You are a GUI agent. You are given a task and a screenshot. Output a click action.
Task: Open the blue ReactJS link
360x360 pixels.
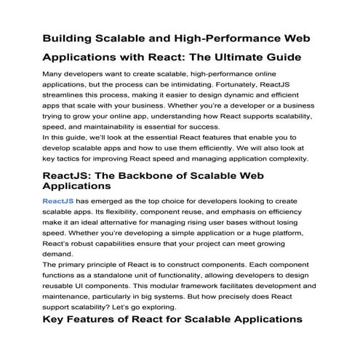click(58, 200)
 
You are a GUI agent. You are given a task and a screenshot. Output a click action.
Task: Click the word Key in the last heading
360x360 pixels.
click(55, 319)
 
